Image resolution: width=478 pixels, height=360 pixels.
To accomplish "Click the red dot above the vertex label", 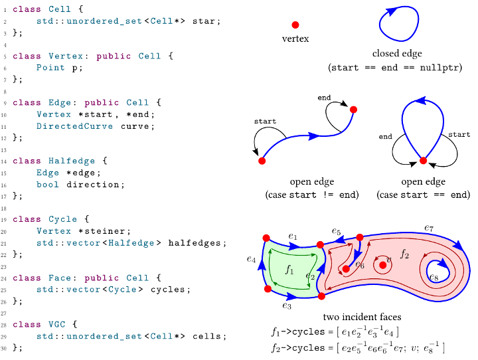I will (295, 24).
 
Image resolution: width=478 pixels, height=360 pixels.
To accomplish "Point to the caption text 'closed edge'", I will (397, 54).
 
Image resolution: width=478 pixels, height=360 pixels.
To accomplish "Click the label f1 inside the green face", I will (289, 270).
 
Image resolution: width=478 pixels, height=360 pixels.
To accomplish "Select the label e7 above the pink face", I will (429, 228).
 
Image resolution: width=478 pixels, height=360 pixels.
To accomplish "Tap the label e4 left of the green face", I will (250, 259).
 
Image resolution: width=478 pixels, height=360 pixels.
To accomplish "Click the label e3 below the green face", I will (287, 306).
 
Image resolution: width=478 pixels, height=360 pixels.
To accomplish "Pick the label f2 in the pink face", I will (404, 254).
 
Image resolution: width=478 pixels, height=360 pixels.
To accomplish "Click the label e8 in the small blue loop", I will (434, 276).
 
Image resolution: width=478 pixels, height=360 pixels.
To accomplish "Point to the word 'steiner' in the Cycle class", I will (112, 231).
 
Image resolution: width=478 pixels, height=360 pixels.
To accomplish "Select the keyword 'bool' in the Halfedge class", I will (48, 184).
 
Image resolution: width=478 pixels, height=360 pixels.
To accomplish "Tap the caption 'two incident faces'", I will (362, 317).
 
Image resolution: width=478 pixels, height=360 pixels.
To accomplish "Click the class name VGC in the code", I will (58, 324).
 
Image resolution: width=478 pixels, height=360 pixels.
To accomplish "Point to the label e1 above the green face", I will (293, 236).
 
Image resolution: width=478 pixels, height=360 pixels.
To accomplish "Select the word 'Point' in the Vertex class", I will (50, 67).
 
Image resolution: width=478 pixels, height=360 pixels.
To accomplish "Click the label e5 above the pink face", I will (337, 232).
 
